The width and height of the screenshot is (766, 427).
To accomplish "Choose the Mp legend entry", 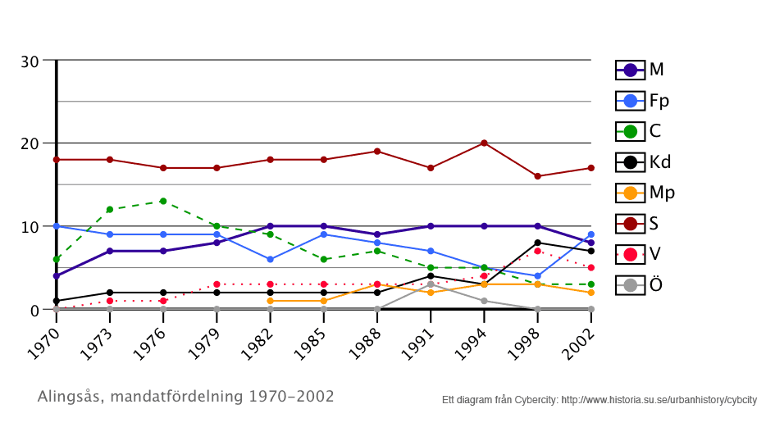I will pos(645,193).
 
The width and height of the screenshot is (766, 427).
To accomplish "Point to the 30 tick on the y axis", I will pos(30,61).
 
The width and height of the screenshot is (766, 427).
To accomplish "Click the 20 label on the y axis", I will pos(30,143).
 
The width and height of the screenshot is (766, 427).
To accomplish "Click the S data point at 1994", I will pos(484,143).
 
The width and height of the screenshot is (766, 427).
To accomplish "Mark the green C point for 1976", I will pos(163,202).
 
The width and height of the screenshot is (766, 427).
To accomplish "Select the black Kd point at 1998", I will pos(537,243).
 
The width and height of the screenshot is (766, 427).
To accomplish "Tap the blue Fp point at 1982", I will pos(270,259).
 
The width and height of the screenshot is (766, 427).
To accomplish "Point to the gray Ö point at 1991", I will pos(431,284).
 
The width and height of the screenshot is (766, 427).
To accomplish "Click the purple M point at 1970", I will pos(56,276).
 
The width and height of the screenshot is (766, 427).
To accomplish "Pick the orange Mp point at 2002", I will pos(590,293).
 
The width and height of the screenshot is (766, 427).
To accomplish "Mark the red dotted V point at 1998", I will pos(537,251).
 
